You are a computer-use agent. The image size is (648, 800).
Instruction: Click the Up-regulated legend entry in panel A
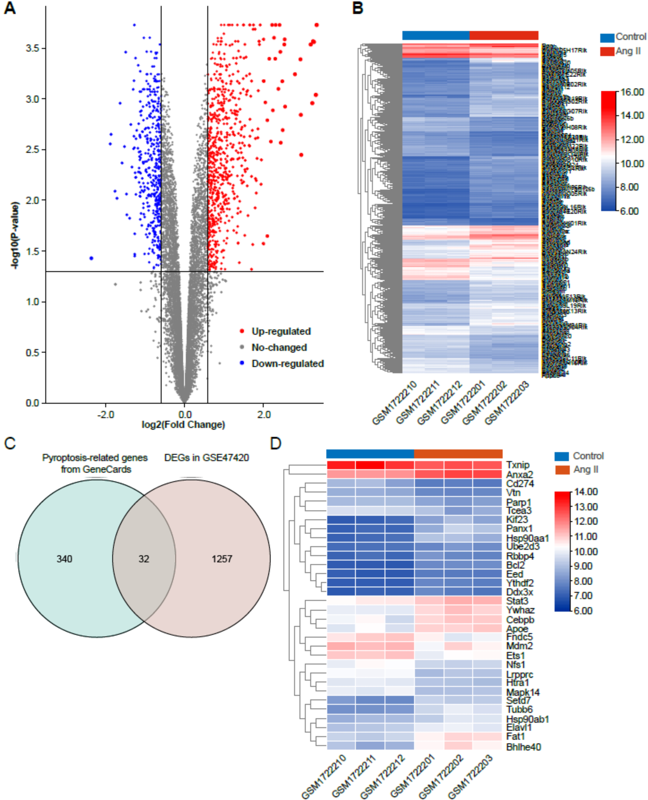pyautogui.click(x=281, y=331)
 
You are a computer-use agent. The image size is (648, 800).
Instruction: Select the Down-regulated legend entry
pyautogui.click(x=287, y=364)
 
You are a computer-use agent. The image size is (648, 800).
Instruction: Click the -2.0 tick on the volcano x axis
pyautogui.click(x=106, y=414)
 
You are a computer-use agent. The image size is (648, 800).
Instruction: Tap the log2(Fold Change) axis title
pyautogui.click(x=183, y=425)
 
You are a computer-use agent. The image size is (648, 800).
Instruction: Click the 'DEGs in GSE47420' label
pyautogui.click(x=206, y=458)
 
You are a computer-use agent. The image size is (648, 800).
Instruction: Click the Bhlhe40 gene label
pyautogui.click(x=523, y=747)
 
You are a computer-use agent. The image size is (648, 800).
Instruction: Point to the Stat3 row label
pyautogui.click(x=517, y=601)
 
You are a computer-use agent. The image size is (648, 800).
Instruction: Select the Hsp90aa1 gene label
pyautogui.click(x=527, y=538)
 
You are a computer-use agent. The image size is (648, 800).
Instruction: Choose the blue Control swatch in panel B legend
pyautogui.click(x=607, y=37)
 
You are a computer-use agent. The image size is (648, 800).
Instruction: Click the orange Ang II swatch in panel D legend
pyautogui.click(x=562, y=470)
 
